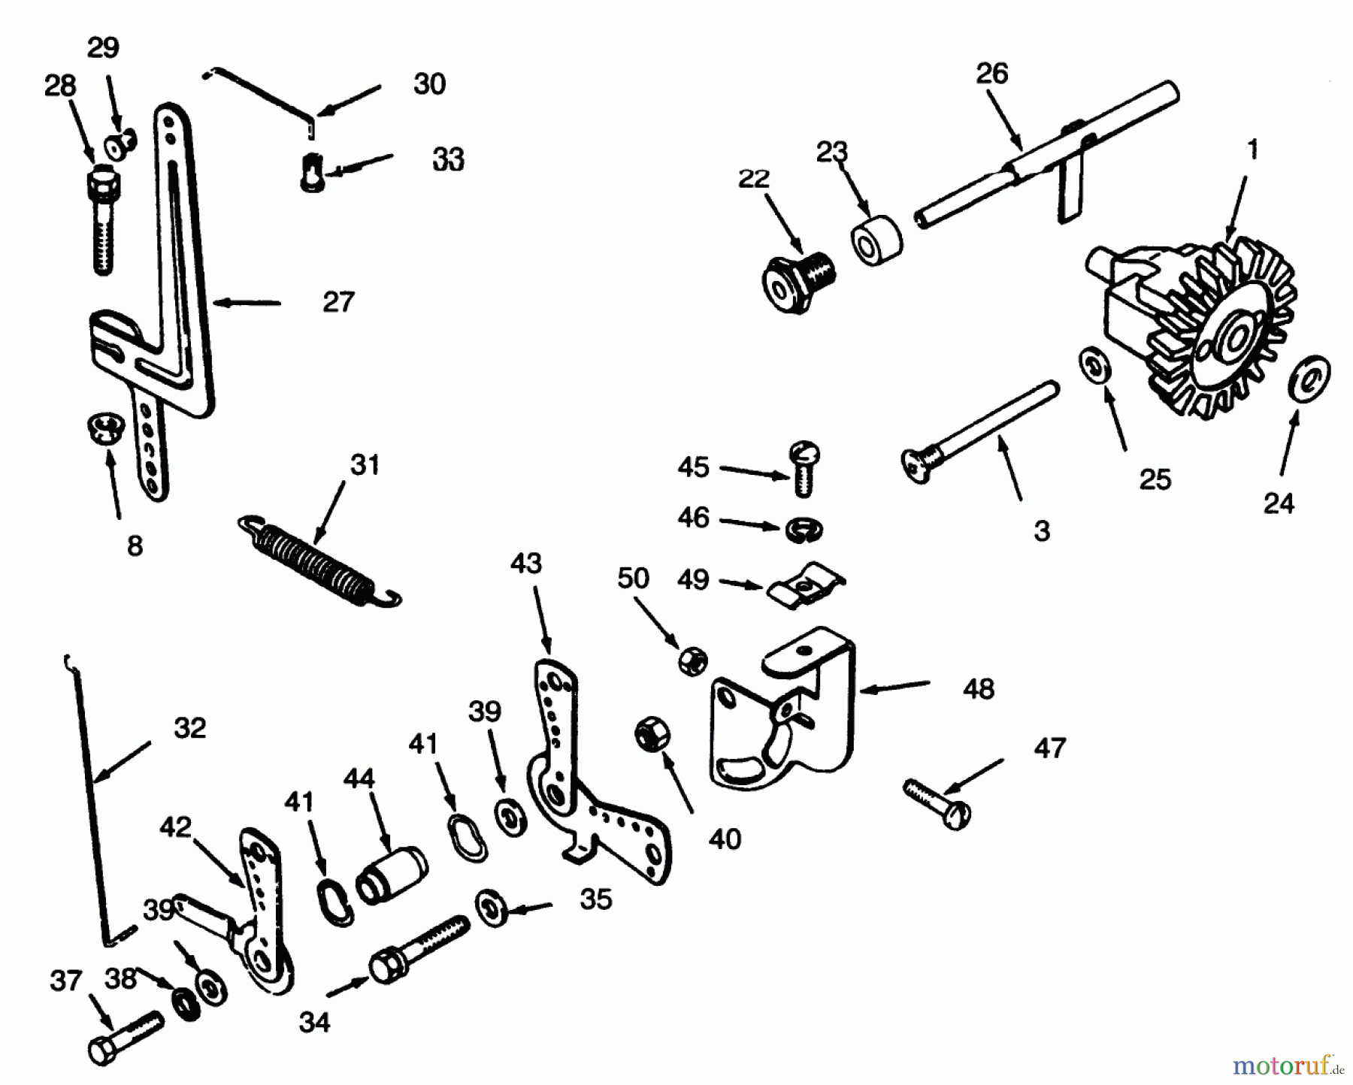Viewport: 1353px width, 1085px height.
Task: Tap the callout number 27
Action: [x=337, y=302]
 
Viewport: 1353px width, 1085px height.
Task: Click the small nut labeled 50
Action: [x=692, y=661]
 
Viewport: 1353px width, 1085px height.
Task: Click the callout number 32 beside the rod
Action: [x=189, y=727]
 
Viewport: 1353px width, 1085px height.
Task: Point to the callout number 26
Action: [x=991, y=74]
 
